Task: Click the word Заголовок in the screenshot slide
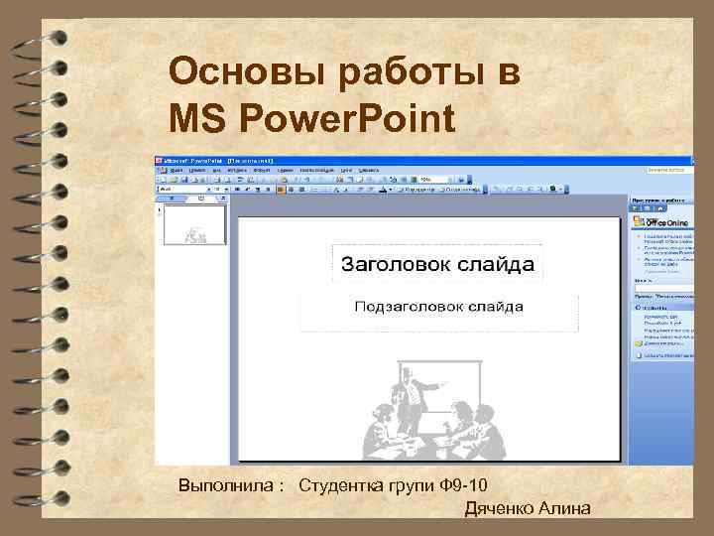click(x=396, y=264)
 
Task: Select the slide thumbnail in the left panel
click(x=194, y=225)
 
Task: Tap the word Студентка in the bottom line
click(x=342, y=486)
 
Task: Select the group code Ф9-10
click(x=462, y=486)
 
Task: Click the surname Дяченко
click(x=500, y=509)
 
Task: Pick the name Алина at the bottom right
click(x=564, y=509)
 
